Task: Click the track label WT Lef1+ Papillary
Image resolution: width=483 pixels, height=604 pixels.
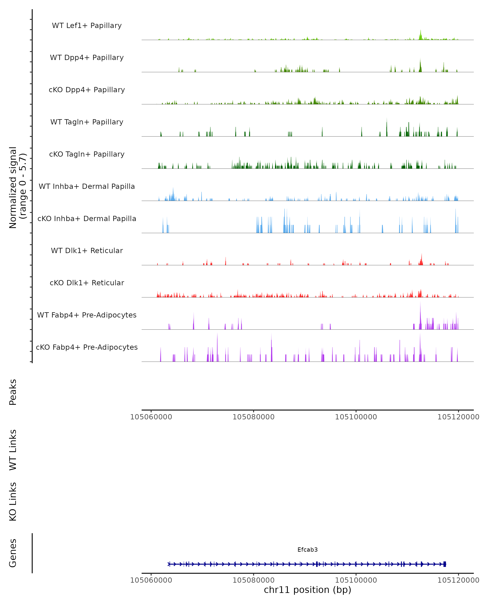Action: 87,26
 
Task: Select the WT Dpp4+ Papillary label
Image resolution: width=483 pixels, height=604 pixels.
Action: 87,58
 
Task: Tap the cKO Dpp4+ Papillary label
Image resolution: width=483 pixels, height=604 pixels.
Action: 87,90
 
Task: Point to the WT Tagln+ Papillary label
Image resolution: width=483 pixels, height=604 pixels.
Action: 87,122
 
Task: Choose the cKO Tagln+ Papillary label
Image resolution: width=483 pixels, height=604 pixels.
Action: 87,154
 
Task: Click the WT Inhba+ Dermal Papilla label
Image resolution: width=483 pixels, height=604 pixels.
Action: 87,187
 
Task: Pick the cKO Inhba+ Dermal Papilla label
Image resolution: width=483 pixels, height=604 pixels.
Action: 87,219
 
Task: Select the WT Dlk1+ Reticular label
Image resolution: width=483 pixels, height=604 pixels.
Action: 87,251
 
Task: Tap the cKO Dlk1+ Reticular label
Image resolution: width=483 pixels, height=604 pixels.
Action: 87,283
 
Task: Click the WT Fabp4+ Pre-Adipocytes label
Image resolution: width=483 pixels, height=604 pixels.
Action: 87,315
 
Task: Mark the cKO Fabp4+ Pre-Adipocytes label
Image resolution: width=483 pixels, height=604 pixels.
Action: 87,347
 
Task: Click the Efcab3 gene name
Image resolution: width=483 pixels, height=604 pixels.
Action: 308,550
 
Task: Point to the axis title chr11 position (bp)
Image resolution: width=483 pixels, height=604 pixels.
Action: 308,590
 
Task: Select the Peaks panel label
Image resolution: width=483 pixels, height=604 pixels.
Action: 13,392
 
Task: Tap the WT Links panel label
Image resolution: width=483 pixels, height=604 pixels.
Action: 13,450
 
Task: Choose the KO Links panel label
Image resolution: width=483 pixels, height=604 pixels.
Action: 13,502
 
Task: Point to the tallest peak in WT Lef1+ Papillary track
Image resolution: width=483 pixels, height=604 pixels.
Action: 420,31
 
